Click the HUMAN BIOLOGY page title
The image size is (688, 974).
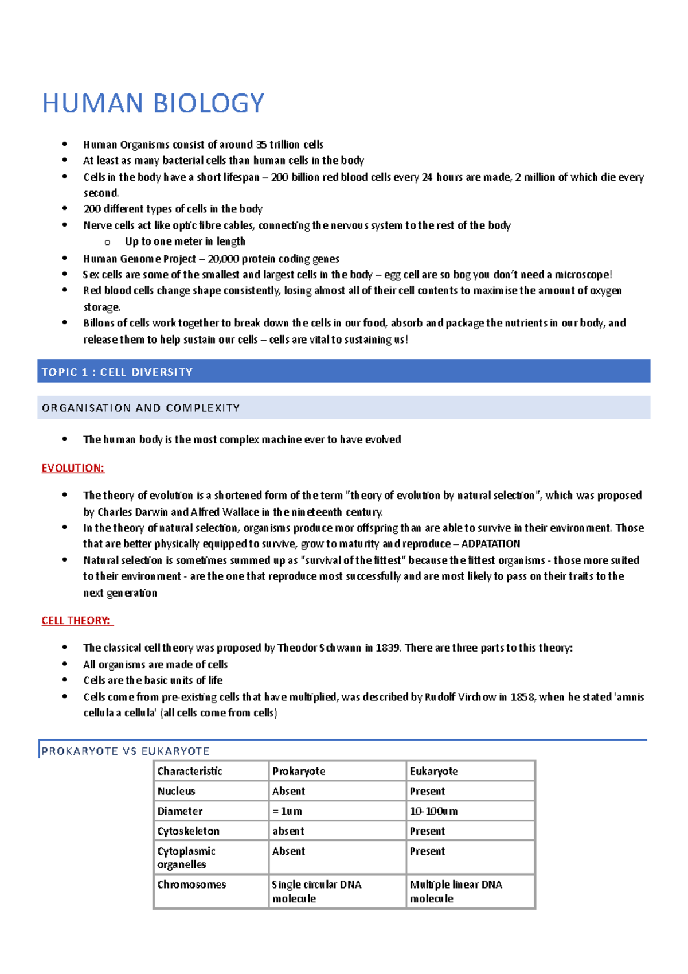(153, 104)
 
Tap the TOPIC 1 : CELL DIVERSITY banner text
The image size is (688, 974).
(117, 372)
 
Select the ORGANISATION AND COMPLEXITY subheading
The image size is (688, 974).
(140, 408)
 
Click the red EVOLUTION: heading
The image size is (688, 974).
(73, 468)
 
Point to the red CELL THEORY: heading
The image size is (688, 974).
(77, 621)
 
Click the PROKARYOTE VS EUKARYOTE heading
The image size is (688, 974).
(126, 751)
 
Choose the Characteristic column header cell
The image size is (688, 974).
(190, 772)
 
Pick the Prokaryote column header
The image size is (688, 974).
(299, 772)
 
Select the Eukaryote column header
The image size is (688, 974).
(433, 772)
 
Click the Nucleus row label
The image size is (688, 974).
(177, 792)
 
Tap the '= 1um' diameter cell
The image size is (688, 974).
(287, 812)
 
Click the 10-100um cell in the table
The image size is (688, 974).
(433, 812)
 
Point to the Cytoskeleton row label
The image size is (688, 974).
(189, 831)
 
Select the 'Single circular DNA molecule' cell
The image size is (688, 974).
(316, 891)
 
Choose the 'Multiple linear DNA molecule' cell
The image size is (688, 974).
(456, 891)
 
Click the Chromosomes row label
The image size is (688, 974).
(191, 885)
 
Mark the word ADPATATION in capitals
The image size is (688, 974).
(491, 544)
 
